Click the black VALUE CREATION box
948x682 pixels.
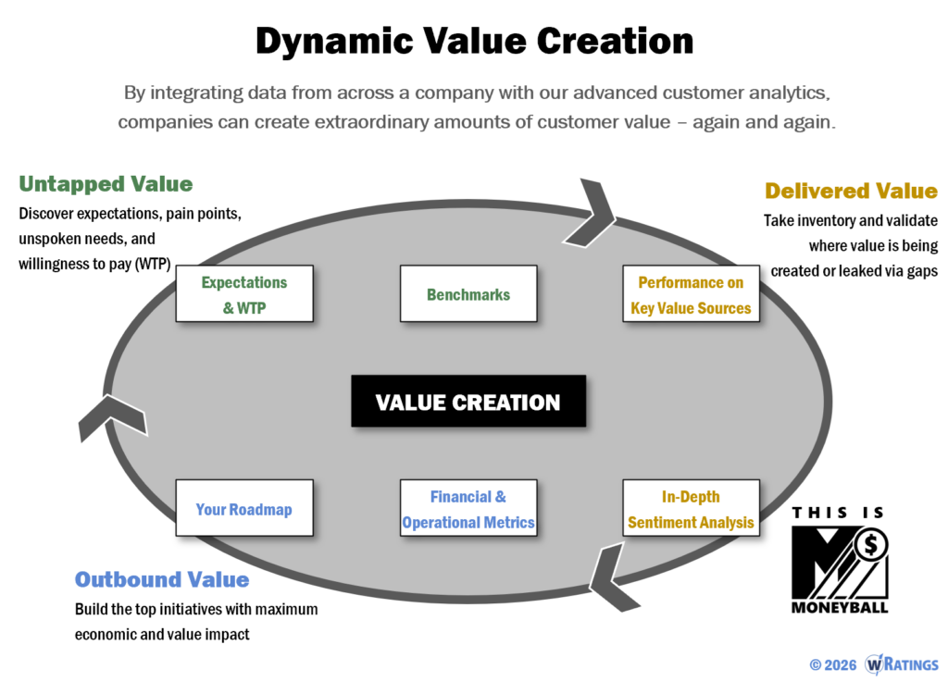tap(468, 402)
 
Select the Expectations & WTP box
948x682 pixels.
tap(244, 294)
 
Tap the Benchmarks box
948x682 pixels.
tap(468, 294)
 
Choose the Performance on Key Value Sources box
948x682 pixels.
tap(691, 294)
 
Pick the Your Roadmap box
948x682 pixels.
tap(244, 509)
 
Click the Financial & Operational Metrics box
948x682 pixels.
tap(468, 509)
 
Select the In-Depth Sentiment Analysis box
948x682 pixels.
tap(691, 509)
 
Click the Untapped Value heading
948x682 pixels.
tap(106, 183)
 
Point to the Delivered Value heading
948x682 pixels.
tap(851, 191)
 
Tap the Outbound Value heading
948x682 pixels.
tap(162, 579)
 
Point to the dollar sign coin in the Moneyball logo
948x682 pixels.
tap(869, 546)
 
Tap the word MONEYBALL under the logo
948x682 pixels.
tap(840, 608)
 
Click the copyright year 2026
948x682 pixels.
tap(841, 664)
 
